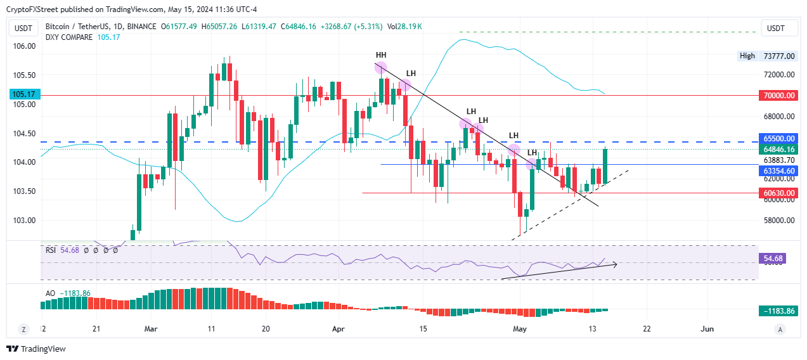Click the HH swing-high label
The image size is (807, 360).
(x=381, y=55)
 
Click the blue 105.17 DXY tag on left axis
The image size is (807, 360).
(x=23, y=94)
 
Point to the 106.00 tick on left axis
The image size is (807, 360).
(x=24, y=46)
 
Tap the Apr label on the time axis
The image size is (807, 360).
(x=339, y=329)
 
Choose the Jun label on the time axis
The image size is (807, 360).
(x=707, y=329)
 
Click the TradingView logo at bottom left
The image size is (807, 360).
(x=36, y=349)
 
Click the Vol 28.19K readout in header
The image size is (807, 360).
(x=404, y=26)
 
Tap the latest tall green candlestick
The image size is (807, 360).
(x=605, y=165)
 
